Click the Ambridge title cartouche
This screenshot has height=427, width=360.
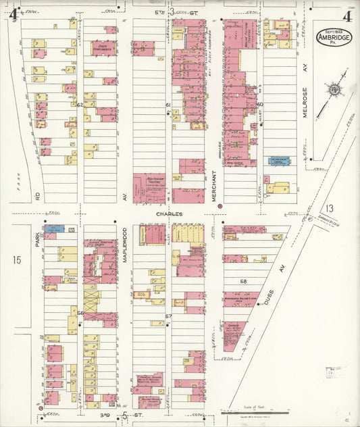(x=334, y=36)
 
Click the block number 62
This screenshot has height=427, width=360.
(x=79, y=105)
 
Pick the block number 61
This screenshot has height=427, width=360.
(x=168, y=105)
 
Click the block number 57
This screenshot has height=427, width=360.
(x=169, y=316)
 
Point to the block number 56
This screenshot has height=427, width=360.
(x=79, y=313)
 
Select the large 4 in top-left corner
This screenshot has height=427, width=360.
(x=12, y=11)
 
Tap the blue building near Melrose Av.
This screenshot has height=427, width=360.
(x=278, y=161)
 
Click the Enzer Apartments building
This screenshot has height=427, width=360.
(x=104, y=48)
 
